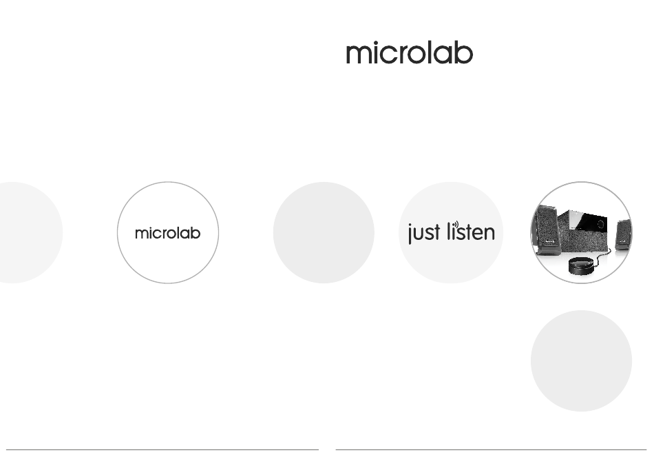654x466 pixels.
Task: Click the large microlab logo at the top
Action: (409, 53)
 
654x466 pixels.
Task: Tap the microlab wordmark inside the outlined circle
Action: (168, 233)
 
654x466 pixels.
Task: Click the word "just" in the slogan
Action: (424, 233)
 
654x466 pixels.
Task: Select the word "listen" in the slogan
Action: (471, 232)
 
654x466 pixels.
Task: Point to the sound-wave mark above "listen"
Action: (456, 225)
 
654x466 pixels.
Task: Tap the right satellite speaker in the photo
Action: (623, 234)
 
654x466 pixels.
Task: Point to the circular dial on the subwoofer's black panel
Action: (600, 224)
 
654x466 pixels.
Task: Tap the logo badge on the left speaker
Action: (549, 241)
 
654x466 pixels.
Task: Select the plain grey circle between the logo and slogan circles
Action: (324, 232)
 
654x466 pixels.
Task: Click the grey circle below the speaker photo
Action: (582, 361)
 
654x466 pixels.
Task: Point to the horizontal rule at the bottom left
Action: (162, 449)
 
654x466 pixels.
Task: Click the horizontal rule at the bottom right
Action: (491, 449)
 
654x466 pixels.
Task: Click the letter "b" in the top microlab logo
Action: (464, 53)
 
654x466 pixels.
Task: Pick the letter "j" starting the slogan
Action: (410, 234)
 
